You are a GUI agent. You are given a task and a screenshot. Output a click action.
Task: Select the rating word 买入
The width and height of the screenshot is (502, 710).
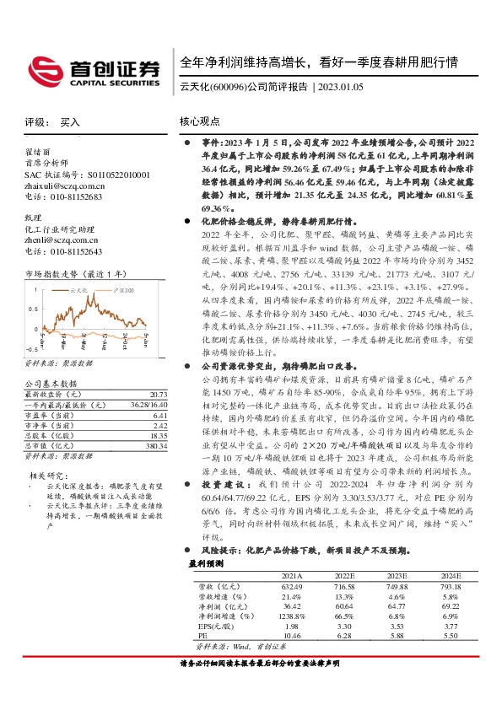[70, 122]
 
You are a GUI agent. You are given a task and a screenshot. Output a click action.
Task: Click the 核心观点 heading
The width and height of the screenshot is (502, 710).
[200, 122]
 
